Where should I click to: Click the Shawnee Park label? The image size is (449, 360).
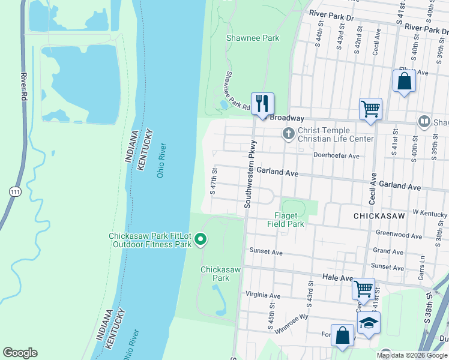click(x=253, y=38)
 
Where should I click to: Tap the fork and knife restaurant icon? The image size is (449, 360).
click(x=262, y=103)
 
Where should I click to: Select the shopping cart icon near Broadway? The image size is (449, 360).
click(x=370, y=109)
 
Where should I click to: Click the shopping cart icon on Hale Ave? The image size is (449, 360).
click(x=363, y=289)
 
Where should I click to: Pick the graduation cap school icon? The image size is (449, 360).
click(x=369, y=323)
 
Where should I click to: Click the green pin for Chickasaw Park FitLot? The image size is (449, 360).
click(x=201, y=240)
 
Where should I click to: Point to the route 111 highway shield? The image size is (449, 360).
click(x=14, y=191)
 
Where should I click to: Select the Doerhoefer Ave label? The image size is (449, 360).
click(x=336, y=156)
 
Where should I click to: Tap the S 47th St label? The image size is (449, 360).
click(x=213, y=182)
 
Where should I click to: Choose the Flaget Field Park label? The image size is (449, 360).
click(x=286, y=220)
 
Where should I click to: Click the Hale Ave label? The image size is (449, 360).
click(x=338, y=278)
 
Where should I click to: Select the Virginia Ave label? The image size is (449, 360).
click(x=263, y=296)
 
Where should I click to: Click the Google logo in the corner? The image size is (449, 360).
click(x=20, y=353)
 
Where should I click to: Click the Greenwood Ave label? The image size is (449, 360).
click(x=396, y=233)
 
